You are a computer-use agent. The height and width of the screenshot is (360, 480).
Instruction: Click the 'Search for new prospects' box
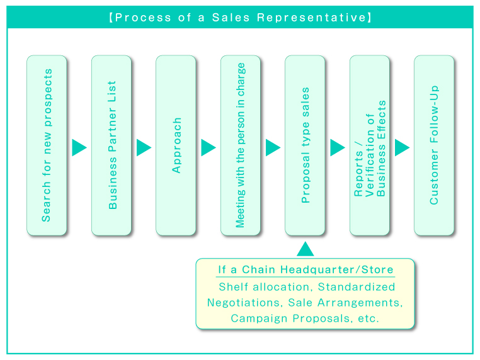[47, 145]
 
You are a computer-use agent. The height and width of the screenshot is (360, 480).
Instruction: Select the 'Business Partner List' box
[111, 145]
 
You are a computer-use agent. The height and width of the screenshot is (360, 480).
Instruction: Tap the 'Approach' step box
[176, 145]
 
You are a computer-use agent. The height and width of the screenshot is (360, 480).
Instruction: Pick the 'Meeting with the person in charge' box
[241, 145]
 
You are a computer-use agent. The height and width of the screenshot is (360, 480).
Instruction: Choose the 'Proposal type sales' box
[305, 145]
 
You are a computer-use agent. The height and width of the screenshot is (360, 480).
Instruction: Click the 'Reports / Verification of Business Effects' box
[370, 145]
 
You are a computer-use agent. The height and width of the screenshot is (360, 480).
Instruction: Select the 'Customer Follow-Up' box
[434, 145]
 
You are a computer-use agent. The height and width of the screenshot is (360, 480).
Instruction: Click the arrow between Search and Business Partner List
[79, 147]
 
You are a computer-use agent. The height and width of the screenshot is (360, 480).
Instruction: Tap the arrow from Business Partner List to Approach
[144, 147]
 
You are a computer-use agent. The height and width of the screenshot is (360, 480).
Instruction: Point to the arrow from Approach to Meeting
[208, 147]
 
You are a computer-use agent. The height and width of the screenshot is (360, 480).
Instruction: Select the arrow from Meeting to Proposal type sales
[273, 147]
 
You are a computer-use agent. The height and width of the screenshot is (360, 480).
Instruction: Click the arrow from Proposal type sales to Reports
[337, 147]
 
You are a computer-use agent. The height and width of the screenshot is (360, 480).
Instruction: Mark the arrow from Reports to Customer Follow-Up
[402, 147]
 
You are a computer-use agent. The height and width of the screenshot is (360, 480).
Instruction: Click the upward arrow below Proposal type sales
[305, 249]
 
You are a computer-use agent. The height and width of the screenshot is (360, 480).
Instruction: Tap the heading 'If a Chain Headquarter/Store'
[306, 270]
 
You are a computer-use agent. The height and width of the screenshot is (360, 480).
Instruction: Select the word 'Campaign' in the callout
[256, 318]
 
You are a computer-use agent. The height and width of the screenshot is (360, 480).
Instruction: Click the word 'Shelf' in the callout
[231, 287]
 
